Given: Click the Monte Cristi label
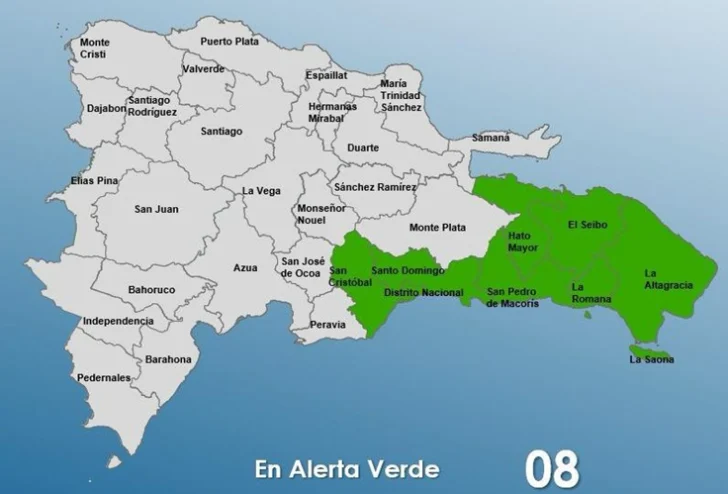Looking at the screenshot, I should click(95, 49).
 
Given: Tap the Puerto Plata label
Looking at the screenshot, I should click(229, 41).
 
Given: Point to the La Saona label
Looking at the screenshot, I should click(652, 359).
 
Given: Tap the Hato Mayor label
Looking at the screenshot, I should click(523, 242).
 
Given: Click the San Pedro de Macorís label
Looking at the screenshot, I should click(513, 297).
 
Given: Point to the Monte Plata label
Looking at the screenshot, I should click(438, 227).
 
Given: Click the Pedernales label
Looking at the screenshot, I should click(104, 378).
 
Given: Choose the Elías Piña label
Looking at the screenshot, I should click(68, 181).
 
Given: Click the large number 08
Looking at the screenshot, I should click(551, 469).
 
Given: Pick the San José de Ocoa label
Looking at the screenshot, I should click(301, 266).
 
